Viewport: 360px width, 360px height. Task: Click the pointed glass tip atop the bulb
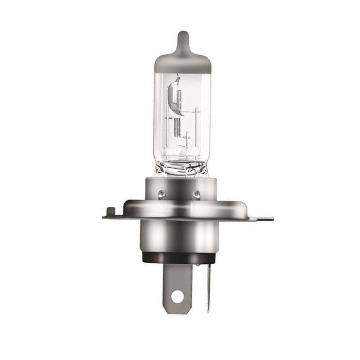pyautogui.click(x=182, y=39)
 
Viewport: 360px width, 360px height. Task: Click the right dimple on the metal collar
pyautogui.click(x=196, y=193)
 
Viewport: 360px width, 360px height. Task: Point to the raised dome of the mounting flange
pyautogui.click(x=183, y=206)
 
